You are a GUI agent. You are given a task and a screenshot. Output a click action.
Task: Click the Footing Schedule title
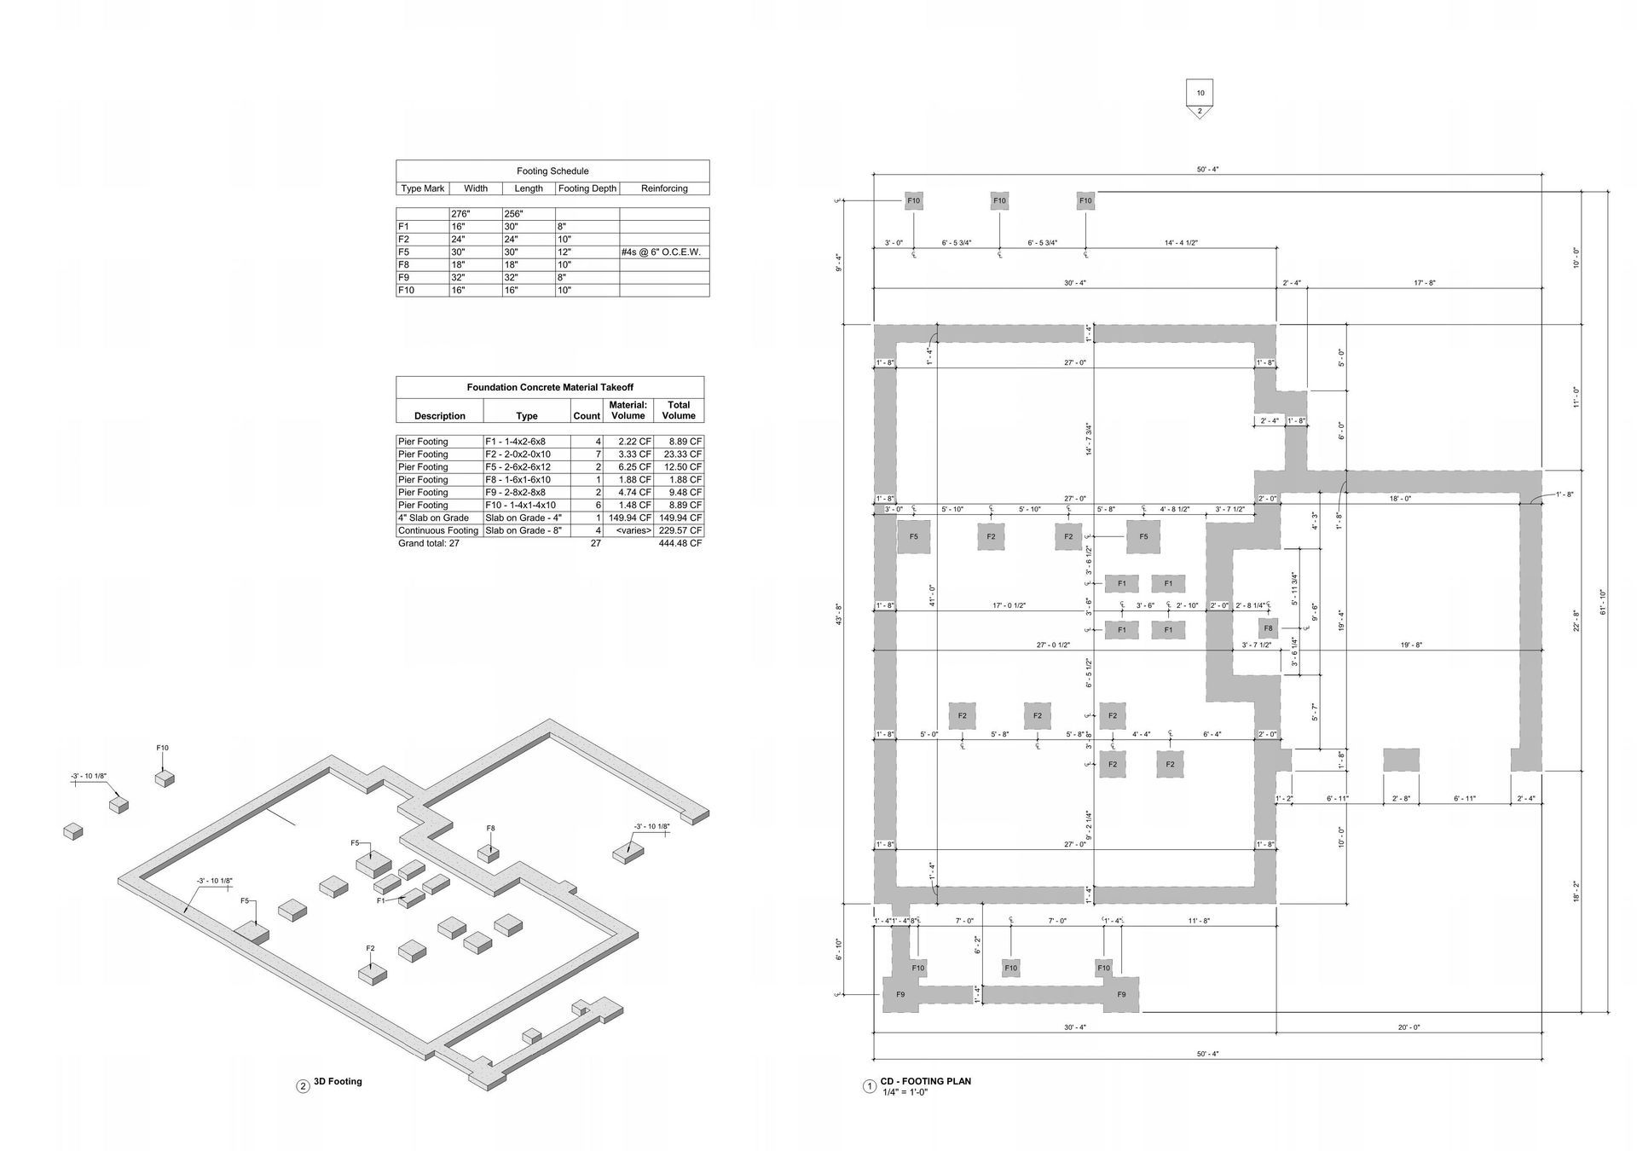coord(552,171)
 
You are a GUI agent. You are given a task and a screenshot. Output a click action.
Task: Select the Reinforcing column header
coord(663,188)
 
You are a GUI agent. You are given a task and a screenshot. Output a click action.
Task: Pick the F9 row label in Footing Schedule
coord(405,278)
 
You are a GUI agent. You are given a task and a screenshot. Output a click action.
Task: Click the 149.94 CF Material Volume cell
coord(630,518)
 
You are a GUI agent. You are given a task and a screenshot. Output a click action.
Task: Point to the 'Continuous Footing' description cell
coord(438,530)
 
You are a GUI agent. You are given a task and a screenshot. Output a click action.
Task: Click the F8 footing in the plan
coord(1268,628)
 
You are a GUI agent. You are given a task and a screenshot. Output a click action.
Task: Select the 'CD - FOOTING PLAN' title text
coord(925,1081)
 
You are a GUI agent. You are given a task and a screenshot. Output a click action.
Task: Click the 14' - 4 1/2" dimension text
coord(1181,243)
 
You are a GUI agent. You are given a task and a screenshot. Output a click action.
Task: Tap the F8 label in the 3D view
coord(490,828)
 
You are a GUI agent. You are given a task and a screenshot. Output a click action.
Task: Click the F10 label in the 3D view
coord(162,748)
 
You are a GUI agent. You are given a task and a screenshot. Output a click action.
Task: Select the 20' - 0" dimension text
coord(1409,1027)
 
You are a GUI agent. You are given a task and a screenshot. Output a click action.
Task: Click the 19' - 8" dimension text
coord(1410,645)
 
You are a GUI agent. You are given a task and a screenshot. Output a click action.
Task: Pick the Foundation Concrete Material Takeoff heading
coord(549,387)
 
